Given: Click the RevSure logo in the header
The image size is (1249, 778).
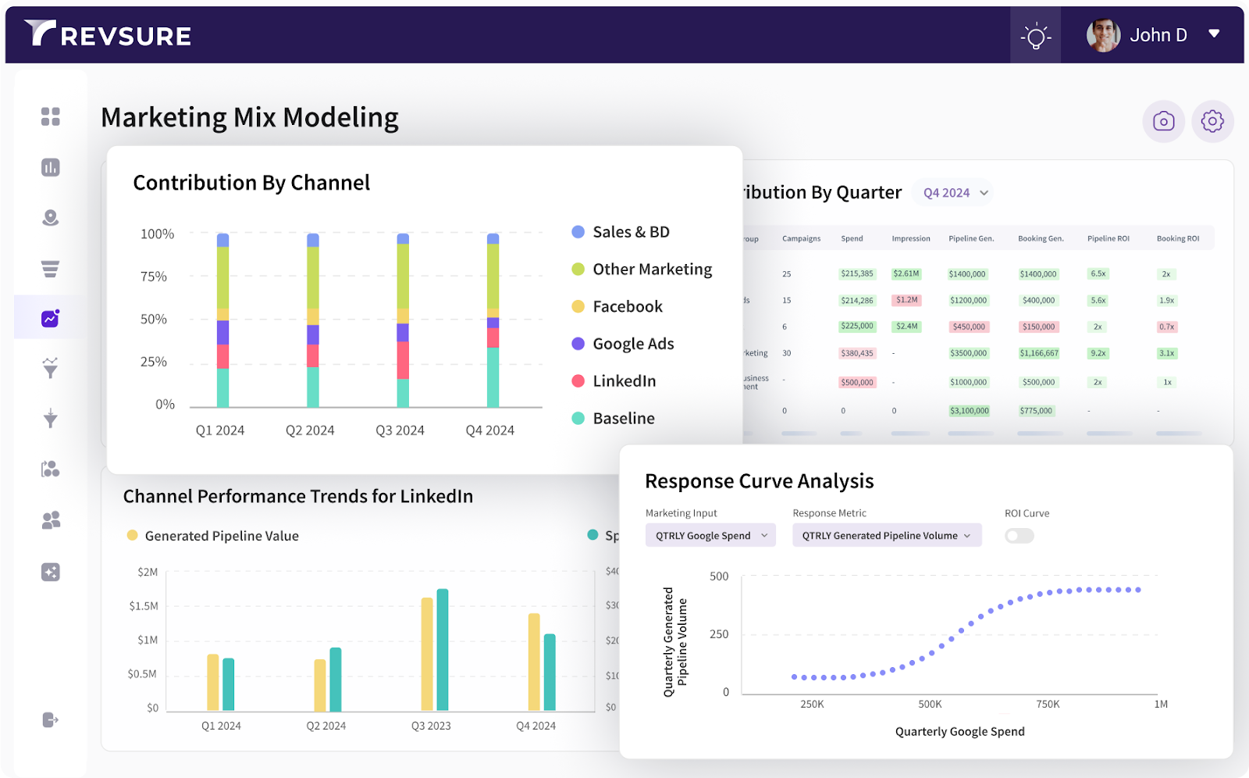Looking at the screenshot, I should [x=108, y=34].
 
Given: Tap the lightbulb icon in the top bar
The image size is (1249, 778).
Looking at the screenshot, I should [x=1035, y=36].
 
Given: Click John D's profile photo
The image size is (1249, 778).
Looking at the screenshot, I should [x=1103, y=35].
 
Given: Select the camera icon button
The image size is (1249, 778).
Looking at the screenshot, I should [x=1163, y=121].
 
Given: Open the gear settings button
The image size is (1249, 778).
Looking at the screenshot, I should [x=1212, y=121].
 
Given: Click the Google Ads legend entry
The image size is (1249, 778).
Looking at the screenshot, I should [x=632, y=344].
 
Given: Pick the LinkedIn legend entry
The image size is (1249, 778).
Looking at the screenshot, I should [x=624, y=381].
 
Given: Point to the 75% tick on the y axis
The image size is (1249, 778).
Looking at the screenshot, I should [x=154, y=277].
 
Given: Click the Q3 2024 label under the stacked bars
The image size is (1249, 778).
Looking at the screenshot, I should [x=400, y=430].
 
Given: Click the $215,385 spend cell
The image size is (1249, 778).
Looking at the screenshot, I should [x=857, y=274].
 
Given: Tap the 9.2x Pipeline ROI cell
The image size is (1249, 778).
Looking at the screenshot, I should [x=1098, y=353].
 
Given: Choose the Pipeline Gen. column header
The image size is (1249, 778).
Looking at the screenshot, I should [x=971, y=239].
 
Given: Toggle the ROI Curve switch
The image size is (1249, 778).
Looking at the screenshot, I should [x=1019, y=536].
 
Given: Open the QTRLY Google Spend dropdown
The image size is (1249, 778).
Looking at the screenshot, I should [x=710, y=536].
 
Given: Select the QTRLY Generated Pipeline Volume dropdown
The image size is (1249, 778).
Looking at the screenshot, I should [x=886, y=536].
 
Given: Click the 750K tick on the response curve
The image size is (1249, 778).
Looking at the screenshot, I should [x=1048, y=705].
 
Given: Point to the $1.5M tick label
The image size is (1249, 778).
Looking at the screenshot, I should [x=144, y=606].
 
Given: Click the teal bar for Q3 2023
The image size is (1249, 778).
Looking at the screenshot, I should [x=443, y=650].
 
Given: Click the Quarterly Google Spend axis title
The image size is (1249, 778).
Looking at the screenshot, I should [x=959, y=732].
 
